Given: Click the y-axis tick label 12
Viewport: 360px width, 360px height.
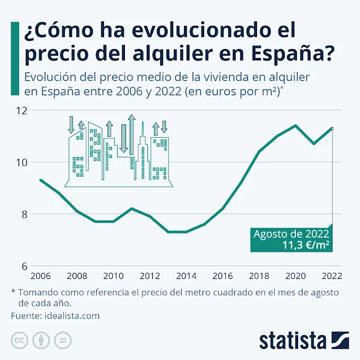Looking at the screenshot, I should pyautogui.click(x=21, y=111).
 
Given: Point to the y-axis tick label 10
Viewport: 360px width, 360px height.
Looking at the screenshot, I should pyautogui.click(x=21, y=163).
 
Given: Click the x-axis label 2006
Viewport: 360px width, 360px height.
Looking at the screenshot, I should pyautogui.click(x=40, y=276).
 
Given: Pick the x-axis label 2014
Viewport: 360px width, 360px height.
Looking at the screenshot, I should pyautogui.click(x=186, y=276).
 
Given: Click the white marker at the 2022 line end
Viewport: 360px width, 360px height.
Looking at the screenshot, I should pyautogui.click(x=332, y=128).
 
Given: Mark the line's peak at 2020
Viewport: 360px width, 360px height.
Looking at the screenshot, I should pyautogui.click(x=295, y=125).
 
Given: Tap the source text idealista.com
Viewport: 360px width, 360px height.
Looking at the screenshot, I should pyautogui.click(x=71, y=316).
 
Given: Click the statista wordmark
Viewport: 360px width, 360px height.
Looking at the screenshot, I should pyautogui.click(x=292, y=340).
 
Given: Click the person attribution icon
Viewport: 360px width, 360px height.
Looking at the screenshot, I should pyautogui.click(x=41, y=340).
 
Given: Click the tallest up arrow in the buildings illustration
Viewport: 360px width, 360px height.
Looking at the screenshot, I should pyautogui.click(x=132, y=134).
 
